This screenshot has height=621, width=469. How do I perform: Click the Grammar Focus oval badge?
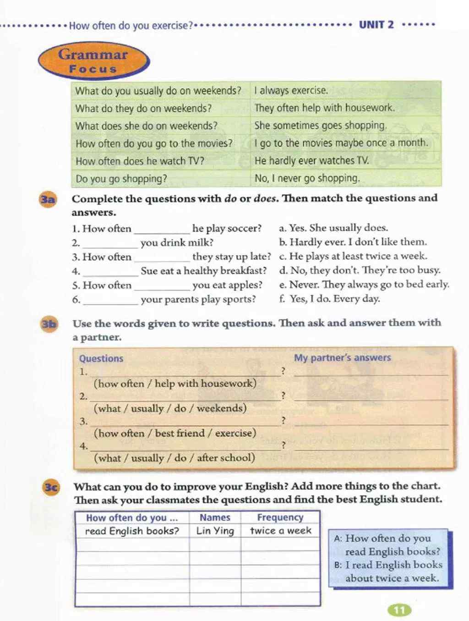point(93,61)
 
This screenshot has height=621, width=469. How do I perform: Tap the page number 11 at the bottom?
point(399,610)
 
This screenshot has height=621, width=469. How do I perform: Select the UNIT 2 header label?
point(376,25)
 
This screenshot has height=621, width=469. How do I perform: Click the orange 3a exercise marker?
point(48,199)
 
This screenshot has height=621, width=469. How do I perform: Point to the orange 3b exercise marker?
point(49,324)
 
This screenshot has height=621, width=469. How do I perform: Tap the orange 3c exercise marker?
point(51,487)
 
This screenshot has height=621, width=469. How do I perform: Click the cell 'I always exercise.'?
point(291,90)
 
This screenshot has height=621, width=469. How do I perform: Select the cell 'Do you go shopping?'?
point(121,179)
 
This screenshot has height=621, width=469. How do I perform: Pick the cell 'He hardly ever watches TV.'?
point(311,161)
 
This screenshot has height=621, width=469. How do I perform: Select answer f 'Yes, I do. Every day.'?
point(329,299)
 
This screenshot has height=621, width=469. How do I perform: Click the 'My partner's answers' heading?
point(342,357)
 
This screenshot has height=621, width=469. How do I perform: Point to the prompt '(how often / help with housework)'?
point(175,383)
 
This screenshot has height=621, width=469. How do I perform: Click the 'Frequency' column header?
point(280,517)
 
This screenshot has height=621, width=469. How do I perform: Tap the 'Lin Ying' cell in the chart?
point(215,531)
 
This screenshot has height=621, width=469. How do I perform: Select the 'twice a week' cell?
point(280,531)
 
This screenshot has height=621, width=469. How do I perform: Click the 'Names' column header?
point(215,517)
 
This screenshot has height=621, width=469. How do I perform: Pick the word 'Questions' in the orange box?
point(101,358)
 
